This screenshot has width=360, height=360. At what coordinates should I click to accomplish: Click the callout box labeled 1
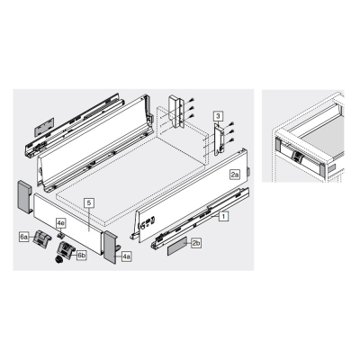(x=223, y=216)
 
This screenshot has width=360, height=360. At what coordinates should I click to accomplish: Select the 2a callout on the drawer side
(x=235, y=175)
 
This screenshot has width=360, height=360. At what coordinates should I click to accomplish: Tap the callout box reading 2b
(x=196, y=243)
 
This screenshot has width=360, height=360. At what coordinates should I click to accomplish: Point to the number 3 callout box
(x=218, y=116)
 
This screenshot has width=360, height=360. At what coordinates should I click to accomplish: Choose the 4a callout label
(x=127, y=256)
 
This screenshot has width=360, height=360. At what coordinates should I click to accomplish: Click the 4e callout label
(x=61, y=223)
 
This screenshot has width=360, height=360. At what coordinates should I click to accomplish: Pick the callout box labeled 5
(x=89, y=202)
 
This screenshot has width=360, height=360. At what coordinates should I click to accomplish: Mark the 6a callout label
(x=24, y=237)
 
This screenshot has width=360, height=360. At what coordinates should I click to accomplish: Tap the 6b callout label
(x=81, y=256)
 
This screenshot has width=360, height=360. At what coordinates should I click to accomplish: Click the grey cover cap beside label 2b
(x=177, y=246)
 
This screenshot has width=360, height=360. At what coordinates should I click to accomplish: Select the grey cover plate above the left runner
(x=44, y=126)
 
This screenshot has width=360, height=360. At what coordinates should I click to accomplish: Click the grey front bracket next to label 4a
(x=112, y=247)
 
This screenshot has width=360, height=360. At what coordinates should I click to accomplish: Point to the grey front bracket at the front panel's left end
(x=25, y=197)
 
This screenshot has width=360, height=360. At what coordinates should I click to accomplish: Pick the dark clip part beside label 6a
(x=42, y=239)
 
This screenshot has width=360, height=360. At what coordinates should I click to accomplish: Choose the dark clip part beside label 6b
(x=66, y=250)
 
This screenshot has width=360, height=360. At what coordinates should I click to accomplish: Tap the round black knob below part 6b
(x=59, y=260)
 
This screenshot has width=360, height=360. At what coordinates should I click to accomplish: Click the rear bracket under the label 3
(x=220, y=139)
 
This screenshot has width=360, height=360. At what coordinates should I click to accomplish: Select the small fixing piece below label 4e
(x=61, y=234)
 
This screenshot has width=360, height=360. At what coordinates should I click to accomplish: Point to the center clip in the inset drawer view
(x=296, y=157)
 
